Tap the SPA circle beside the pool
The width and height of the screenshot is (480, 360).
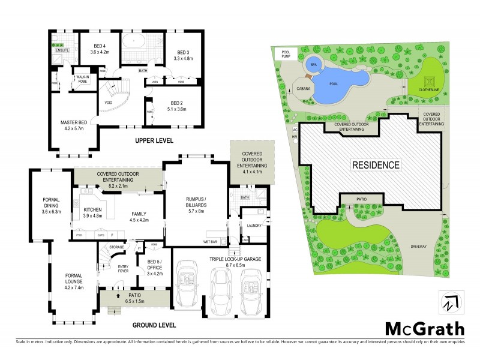[x=313, y=64]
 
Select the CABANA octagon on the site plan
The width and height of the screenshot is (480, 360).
[x=303, y=88]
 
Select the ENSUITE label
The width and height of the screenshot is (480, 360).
[x=63, y=50]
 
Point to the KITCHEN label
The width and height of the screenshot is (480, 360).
[x=92, y=212]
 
